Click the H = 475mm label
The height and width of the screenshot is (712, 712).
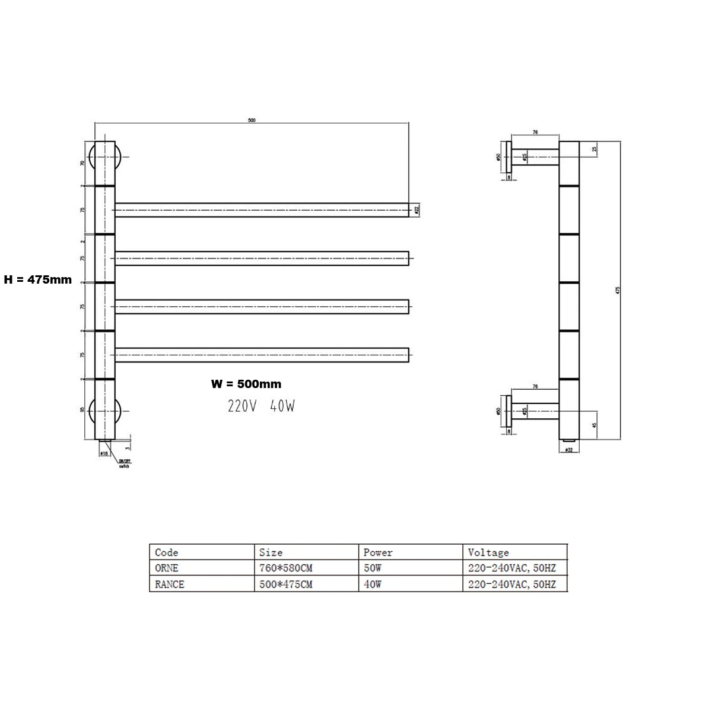pyautogui.click(x=37, y=279)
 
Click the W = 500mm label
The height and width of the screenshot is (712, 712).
pyautogui.click(x=246, y=384)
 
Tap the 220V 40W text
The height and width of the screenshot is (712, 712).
pyautogui.click(x=261, y=406)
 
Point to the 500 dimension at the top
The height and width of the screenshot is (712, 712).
pyautogui.click(x=252, y=120)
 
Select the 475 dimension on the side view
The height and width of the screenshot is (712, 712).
pyautogui.click(x=618, y=290)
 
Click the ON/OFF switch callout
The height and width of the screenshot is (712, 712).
pyautogui.click(x=125, y=463)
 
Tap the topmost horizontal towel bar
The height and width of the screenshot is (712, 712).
pyautogui.click(x=261, y=209)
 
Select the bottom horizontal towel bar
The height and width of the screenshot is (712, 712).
pyautogui.click(x=261, y=355)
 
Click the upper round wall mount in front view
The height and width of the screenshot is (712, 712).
pyautogui.click(x=104, y=157)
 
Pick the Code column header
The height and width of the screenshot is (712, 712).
pyautogui.click(x=167, y=552)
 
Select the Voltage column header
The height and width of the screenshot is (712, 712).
pyautogui.click(x=488, y=552)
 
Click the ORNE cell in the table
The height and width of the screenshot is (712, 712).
pyautogui.click(x=167, y=568)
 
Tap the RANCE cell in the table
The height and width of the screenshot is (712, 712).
pyautogui.click(x=170, y=584)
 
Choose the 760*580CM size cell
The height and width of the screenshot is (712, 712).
pyautogui.click(x=286, y=568)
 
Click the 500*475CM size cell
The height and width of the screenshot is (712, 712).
pyautogui.click(x=286, y=584)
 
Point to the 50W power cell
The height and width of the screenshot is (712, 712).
pyautogui.click(x=373, y=568)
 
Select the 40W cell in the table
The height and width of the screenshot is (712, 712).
pyautogui.click(x=373, y=584)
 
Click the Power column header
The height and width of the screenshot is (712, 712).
pyautogui.click(x=378, y=552)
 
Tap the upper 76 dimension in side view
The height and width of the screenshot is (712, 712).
pyautogui.click(x=535, y=132)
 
